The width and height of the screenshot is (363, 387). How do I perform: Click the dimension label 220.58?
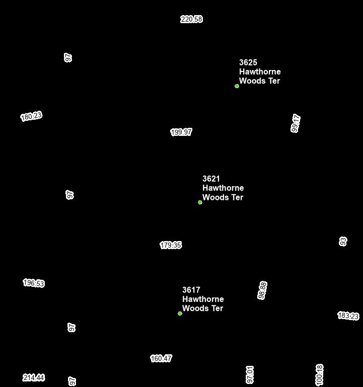click(x=191, y=19)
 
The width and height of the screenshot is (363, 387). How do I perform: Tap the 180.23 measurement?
click(x=31, y=116)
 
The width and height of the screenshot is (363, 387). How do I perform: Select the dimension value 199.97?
click(x=181, y=132)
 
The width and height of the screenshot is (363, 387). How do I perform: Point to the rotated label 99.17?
click(x=296, y=123)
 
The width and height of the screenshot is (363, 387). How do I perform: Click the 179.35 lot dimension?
click(x=171, y=245)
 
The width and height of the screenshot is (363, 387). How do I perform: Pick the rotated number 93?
click(x=343, y=242)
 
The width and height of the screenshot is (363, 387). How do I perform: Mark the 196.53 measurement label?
click(x=34, y=283)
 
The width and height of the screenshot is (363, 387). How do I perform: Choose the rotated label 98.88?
click(x=262, y=290)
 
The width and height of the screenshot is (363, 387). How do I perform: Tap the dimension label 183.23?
click(x=348, y=316)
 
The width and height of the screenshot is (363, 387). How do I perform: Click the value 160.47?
click(x=161, y=358)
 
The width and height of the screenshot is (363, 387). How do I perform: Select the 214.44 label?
click(x=34, y=377)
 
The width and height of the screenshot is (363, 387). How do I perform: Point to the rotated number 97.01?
click(x=250, y=375)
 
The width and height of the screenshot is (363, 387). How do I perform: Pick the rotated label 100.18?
click(x=319, y=375)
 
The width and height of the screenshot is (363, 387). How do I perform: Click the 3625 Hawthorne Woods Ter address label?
click(x=260, y=71)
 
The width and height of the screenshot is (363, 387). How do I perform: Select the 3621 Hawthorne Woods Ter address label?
click(x=223, y=188)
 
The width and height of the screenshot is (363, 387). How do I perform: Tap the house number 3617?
click(x=191, y=290)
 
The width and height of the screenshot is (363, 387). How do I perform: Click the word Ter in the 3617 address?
click(x=217, y=308)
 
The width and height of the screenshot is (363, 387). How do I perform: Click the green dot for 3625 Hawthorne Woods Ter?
click(x=237, y=86)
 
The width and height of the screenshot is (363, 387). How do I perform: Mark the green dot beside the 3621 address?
click(x=200, y=202)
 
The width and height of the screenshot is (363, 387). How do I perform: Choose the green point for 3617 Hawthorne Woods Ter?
click(x=180, y=314)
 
